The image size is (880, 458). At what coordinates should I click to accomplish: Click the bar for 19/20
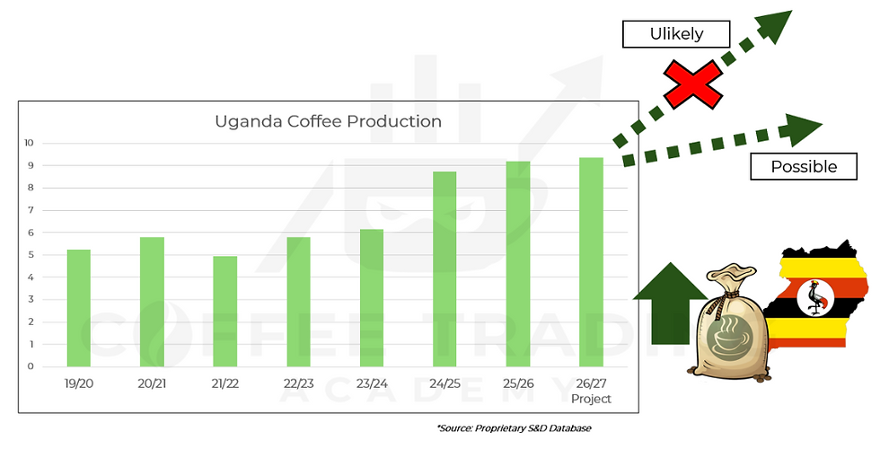click(79, 308)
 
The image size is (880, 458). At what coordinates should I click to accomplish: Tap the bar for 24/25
click(444, 269)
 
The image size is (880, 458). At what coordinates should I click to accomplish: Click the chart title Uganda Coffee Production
click(328, 121)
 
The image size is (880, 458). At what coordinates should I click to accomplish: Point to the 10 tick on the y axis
click(29, 143)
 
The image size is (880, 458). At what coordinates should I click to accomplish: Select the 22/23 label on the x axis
click(298, 383)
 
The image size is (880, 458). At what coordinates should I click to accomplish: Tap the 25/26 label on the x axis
click(518, 383)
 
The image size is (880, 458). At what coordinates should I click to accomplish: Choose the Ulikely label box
click(676, 35)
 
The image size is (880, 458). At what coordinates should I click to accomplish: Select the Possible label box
click(804, 166)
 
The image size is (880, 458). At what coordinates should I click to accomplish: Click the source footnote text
click(514, 428)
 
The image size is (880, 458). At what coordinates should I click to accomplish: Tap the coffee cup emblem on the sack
click(729, 339)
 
